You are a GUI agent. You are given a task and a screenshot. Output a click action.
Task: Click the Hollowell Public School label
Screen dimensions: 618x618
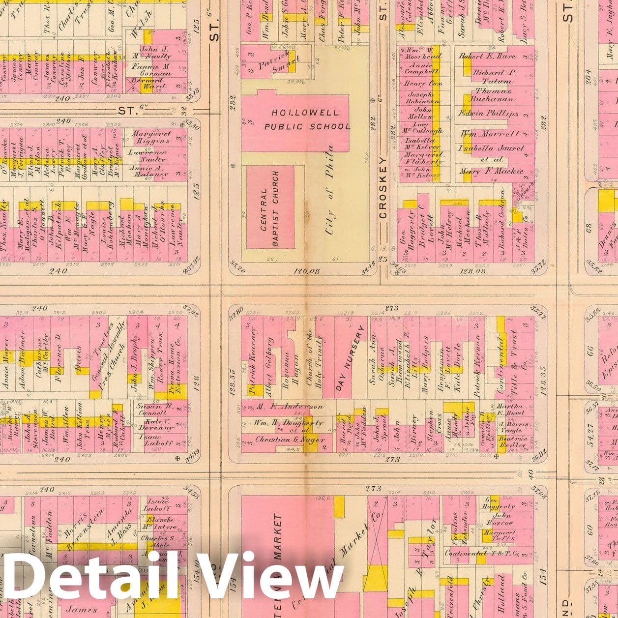tap(306, 119)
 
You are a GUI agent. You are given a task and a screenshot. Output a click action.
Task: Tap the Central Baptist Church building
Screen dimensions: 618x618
tap(270, 207)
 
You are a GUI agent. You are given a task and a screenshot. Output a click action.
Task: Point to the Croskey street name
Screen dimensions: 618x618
tap(383, 187)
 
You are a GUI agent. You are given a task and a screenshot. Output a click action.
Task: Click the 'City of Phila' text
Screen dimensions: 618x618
tap(328, 189)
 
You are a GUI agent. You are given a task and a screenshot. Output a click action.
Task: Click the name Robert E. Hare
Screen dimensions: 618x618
tap(487, 56)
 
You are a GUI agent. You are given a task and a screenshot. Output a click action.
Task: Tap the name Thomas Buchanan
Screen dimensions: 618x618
tap(493, 95)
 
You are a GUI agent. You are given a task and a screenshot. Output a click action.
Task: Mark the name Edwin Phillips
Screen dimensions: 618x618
tap(489, 113)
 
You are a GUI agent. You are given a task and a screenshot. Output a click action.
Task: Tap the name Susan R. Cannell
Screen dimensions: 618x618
tap(153, 410)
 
